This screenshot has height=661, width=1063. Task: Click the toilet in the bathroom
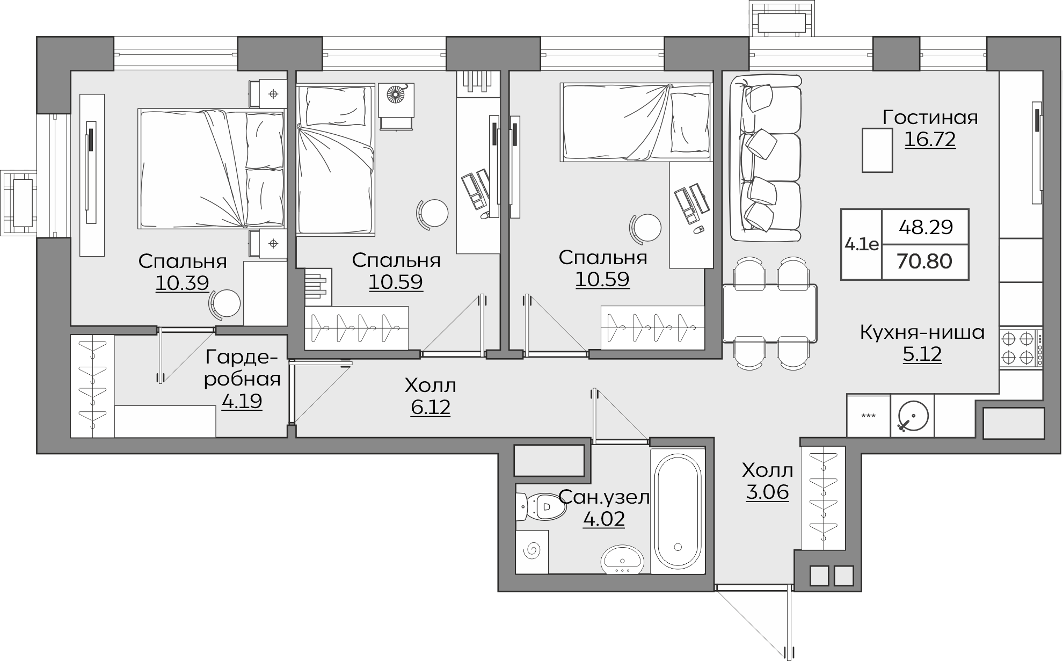tap(541, 506)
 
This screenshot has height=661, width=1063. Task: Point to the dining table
tap(770, 313)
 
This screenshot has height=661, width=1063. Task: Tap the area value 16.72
tap(930, 140)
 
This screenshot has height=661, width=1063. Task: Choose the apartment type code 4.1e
tap(861, 245)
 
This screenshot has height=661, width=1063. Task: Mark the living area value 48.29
tap(926, 228)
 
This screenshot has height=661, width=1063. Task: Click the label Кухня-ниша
tap(922, 333)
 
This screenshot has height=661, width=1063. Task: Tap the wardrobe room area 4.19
tap(242, 401)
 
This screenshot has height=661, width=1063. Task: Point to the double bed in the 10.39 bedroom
tap(212, 169)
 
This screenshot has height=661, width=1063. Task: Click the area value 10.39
tap(182, 282)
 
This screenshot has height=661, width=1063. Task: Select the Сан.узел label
tap(604, 498)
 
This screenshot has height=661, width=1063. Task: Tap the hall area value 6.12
tap(431, 408)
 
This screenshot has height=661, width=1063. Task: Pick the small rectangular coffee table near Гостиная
tap(877, 150)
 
